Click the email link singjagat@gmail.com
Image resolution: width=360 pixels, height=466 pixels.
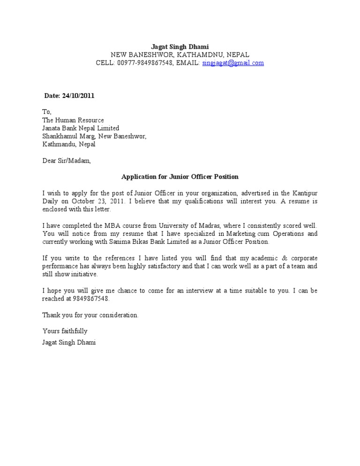tap(233, 63)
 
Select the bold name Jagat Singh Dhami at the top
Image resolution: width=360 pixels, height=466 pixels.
tap(180, 47)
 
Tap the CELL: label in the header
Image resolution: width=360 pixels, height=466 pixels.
tap(105, 63)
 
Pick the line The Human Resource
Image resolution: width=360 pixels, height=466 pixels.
tap(73, 120)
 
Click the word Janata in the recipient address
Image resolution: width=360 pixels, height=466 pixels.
tap(52, 128)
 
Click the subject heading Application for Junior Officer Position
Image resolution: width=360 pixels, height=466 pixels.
tap(180, 177)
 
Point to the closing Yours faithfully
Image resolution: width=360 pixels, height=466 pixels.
tap(65, 331)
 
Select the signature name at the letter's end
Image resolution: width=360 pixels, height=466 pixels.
tap(69, 343)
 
